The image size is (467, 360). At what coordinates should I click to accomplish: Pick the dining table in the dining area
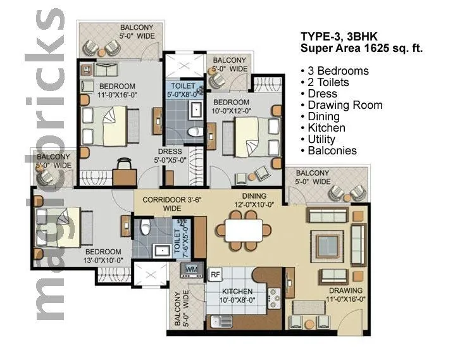tap(244, 230)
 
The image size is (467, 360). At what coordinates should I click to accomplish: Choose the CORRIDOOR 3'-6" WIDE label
tap(166, 204)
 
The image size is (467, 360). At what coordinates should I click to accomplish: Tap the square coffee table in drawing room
tap(330, 244)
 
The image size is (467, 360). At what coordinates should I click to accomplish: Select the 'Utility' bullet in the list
tap(321, 139)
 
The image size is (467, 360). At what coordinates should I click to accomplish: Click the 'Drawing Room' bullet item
tap(345, 105)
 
